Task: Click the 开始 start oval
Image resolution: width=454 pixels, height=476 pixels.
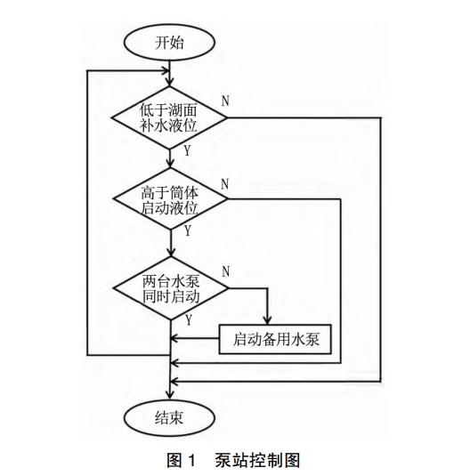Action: coord(169,43)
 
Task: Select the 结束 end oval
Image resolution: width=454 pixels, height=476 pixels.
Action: coord(169,417)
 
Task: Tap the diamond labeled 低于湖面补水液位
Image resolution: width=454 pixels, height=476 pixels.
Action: coord(169,117)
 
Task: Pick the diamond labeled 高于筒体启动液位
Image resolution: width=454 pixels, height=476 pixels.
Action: coord(170,198)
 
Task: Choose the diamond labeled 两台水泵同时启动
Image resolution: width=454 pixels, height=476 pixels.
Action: coord(171,288)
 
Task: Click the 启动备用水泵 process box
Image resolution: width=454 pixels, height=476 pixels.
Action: coord(275,339)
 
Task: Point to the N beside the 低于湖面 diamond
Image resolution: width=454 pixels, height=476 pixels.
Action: coord(225,101)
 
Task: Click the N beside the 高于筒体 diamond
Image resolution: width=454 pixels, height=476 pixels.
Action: coord(224,184)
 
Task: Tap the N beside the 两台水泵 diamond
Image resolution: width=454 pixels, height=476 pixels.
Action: coord(225,271)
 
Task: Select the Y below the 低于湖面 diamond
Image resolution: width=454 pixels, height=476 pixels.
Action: coord(187,151)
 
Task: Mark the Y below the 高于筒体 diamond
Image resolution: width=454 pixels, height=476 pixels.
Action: coord(188,230)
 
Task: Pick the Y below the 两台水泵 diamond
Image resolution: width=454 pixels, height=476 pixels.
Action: coord(189,320)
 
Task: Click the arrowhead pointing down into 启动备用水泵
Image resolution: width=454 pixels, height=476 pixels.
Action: coord(267,321)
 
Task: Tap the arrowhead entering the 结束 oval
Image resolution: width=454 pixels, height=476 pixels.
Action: coord(170,394)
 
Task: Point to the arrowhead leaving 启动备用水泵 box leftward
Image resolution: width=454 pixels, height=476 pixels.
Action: coord(174,338)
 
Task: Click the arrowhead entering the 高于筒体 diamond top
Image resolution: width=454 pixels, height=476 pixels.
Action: coord(170,164)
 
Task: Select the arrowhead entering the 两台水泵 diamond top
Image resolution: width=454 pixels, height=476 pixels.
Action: coord(171,253)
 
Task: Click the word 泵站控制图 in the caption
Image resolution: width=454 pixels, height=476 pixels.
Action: coord(257,460)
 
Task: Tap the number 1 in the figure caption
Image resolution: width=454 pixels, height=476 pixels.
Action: coord(191,460)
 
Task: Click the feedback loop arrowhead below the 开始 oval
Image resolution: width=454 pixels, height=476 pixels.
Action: coord(166,71)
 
